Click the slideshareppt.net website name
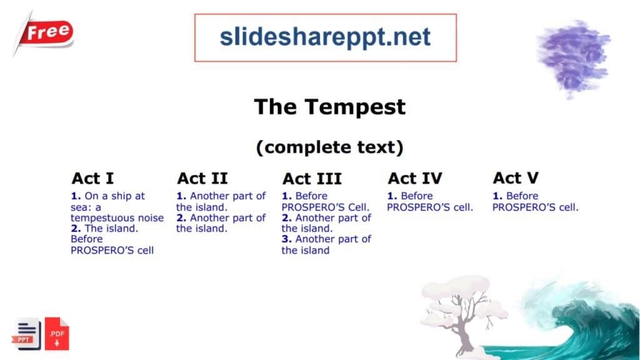point(325,37)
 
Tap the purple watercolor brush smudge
point(573,56)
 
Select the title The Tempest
point(329,107)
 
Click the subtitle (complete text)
point(329,147)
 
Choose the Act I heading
point(92,179)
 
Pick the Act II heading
point(202,179)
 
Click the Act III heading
point(312,179)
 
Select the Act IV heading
point(414,179)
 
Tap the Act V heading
point(516,179)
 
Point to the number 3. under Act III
point(287,239)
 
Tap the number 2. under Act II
point(181,218)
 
